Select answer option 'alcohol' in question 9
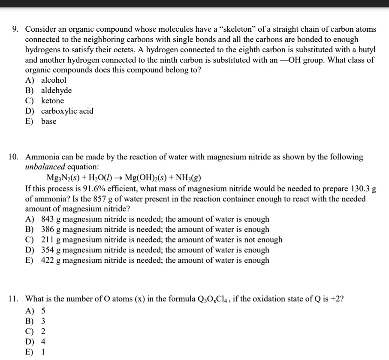[53, 80]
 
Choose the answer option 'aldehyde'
[56, 90]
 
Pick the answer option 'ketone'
[52, 101]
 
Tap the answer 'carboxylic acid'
[67, 111]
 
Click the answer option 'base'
[48, 121]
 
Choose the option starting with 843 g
[154, 219]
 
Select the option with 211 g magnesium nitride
[161, 240]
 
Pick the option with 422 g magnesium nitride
[154, 260]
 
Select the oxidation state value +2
[335, 299]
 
